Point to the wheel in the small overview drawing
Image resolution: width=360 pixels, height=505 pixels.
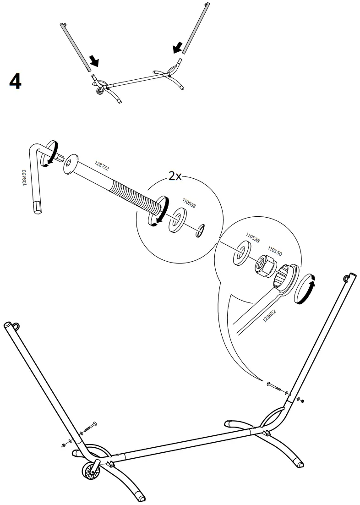click(x=99, y=91)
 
